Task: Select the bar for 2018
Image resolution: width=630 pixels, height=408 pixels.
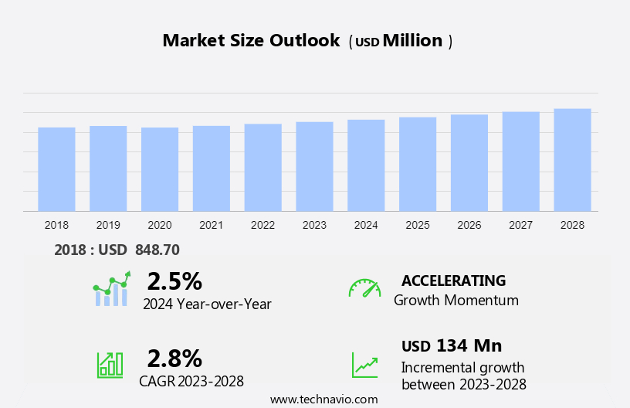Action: point(56,169)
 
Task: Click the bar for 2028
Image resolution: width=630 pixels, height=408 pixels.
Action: point(572,160)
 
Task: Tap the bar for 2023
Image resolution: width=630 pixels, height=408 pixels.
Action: point(314,166)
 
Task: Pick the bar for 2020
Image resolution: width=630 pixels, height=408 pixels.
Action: point(160,169)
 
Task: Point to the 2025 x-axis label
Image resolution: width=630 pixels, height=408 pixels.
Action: point(418,225)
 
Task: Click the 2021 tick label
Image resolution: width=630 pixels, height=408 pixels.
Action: point(212,225)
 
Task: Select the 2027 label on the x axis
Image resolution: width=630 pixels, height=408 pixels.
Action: point(520,225)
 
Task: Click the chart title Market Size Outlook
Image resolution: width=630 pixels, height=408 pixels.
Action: point(251,41)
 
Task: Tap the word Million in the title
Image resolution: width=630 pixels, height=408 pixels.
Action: point(413,41)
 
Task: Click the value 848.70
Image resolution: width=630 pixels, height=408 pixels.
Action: point(157,250)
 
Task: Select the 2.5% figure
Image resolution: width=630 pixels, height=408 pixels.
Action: point(174,280)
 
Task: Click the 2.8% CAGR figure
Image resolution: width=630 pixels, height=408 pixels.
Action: point(174,358)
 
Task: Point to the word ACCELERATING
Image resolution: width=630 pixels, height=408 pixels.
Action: point(453,280)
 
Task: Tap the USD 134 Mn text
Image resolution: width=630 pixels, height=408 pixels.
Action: point(452,345)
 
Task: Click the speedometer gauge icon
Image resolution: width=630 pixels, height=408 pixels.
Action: point(364,288)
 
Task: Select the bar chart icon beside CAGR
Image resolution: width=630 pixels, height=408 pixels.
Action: point(110,365)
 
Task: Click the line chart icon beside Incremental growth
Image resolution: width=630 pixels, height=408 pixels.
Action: point(364,365)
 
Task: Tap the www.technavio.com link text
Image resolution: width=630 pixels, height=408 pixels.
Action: point(323,399)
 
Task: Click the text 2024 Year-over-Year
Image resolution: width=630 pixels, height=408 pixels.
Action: point(207,304)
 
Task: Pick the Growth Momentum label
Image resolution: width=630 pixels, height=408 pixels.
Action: point(456,301)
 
